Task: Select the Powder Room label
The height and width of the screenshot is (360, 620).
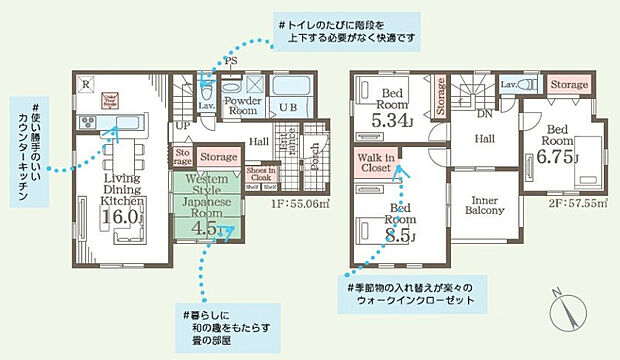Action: [241, 107]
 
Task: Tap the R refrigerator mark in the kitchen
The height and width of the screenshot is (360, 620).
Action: [87, 83]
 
